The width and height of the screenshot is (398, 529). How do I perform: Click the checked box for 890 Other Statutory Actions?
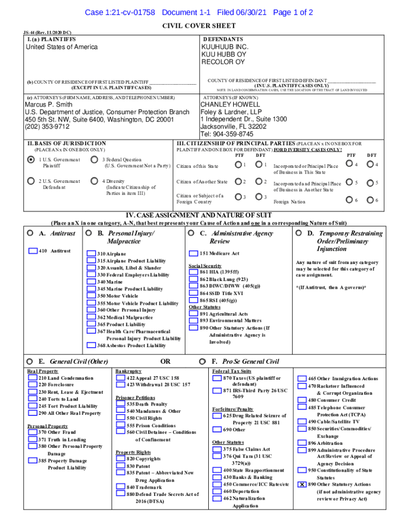point(302,485)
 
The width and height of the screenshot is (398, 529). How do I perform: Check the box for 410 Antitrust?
point(33,251)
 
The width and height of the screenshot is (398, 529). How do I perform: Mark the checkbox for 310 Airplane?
point(91,254)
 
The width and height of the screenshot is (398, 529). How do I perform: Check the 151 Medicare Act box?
point(193,254)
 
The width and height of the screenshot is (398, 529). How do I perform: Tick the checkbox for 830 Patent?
point(121,466)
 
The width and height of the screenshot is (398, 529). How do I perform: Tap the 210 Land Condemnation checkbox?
point(33,379)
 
